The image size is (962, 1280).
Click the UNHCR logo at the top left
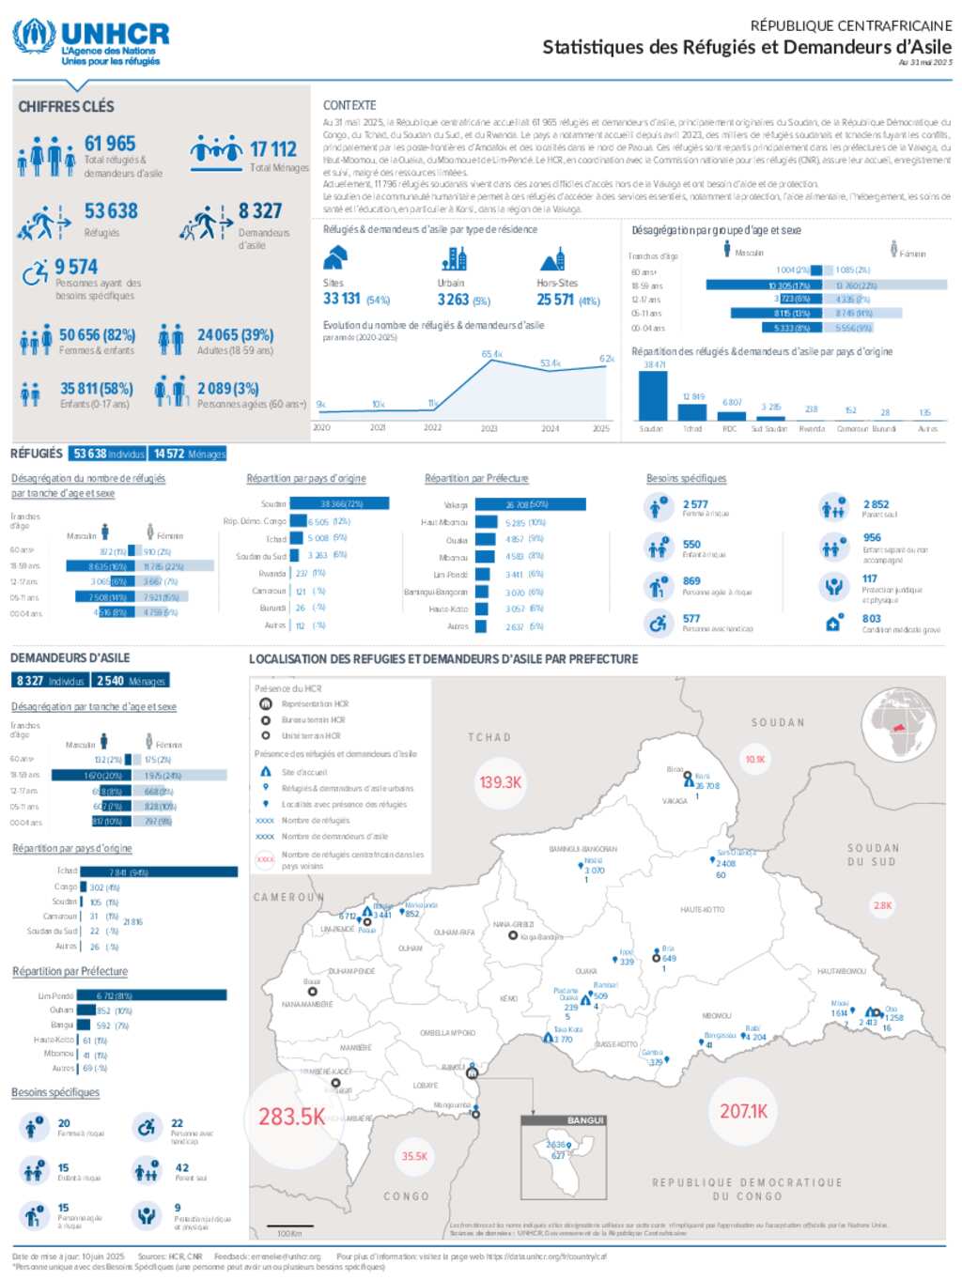90,41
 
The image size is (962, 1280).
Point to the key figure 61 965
110,144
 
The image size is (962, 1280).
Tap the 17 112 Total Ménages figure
273,149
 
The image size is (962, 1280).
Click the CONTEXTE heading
349,105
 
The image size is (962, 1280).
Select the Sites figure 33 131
342,299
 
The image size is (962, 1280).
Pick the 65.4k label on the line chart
491,354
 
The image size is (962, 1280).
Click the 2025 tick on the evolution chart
601,428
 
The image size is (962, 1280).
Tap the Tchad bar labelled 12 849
692,411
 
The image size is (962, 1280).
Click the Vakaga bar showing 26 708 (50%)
530,504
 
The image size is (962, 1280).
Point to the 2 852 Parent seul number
876,504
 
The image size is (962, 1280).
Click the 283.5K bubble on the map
291,1117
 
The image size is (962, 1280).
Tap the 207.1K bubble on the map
743,1111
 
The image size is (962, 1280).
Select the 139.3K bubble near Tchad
500,781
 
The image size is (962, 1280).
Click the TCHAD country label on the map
489,737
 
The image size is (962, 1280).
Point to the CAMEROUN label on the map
287,897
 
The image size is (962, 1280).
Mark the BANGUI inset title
585,1120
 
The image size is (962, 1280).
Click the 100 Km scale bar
289,1231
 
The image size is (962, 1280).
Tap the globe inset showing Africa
900,724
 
